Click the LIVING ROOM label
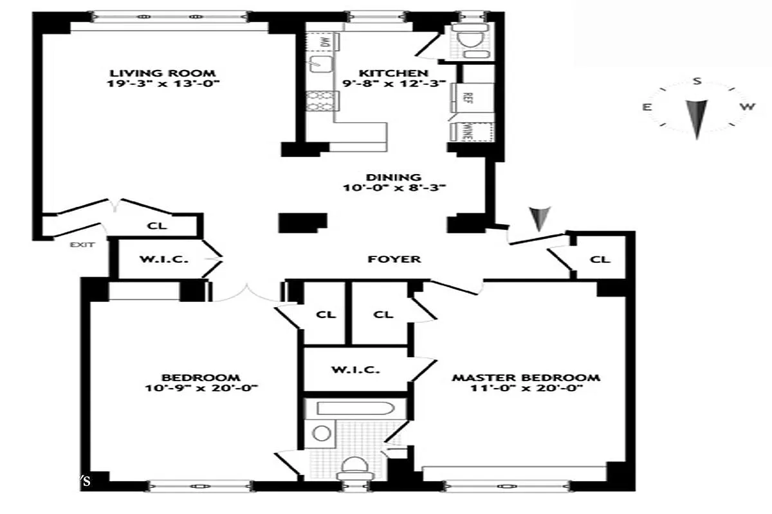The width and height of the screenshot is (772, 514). pyautogui.click(x=161, y=73)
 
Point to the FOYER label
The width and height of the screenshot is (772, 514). pyautogui.click(x=394, y=259)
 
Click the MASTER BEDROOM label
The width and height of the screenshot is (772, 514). pyautogui.click(x=526, y=378)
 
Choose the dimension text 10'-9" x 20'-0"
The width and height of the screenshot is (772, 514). pyautogui.click(x=201, y=388)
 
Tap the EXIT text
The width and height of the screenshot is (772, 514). pyautogui.click(x=82, y=244)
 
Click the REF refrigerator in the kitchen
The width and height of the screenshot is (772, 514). pyautogui.click(x=468, y=97)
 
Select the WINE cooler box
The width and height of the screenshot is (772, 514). pyautogui.click(x=468, y=131)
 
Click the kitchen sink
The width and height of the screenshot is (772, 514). pyautogui.click(x=319, y=63)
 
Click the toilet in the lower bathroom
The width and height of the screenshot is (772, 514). pyautogui.click(x=354, y=466)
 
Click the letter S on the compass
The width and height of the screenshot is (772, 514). pyautogui.click(x=696, y=82)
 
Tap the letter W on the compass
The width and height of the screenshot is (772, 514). pyautogui.click(x=746, y=107)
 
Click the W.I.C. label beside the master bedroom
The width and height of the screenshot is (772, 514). pyautogui.click(x=355, y=370)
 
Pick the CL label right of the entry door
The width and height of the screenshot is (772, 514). pyautogui.click(x=600, y=260)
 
